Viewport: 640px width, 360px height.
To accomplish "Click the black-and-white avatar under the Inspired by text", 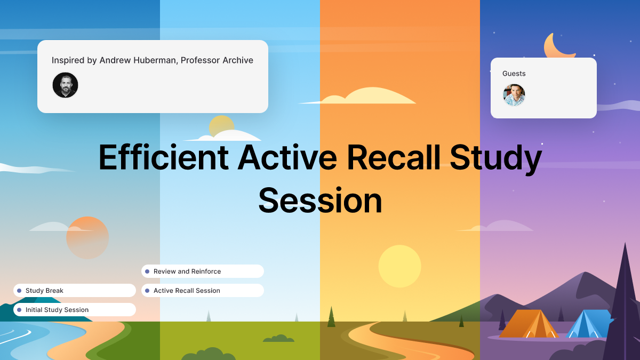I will point(65,85).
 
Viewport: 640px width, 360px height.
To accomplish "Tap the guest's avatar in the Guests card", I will point(514,95).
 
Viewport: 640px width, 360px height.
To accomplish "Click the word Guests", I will point(514,74).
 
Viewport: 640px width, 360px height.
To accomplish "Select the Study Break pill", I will point(75,291).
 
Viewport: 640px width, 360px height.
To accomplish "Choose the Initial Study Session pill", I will point(75,310).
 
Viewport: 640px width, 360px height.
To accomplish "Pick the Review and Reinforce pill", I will point(203,271).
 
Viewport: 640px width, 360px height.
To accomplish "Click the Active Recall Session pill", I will point(203,291).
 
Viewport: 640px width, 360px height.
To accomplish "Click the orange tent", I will point(528,324).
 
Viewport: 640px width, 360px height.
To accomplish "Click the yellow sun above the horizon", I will point(399,266).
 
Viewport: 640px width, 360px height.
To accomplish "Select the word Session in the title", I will point(320,201).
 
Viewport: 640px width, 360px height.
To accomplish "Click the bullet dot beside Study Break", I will point(19,291).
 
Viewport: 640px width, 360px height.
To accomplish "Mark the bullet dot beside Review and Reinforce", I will point(147,271).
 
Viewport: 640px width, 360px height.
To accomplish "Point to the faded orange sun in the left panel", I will point(87,238).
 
